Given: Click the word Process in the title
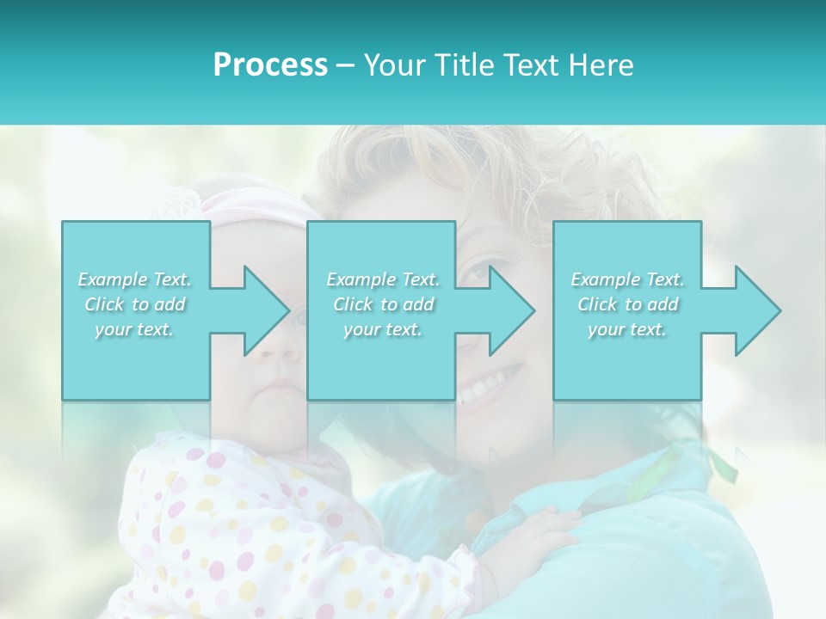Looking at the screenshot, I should pyautogui.click(x=270, y=65).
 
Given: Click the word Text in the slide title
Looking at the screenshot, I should pyautogui.click(x=529, y=65).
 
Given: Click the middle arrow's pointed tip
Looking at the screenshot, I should pyautogui.click(x=533, y=310).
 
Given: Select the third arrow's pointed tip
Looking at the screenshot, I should pyautogui.click(x=779, y=310).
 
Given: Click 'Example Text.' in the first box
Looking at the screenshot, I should pyautogui.click(x=134, y=279).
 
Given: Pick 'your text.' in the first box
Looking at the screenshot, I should pyautogui.click(x=134, y=330).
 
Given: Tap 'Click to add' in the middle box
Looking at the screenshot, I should pyautogui.click(x=383, y=304).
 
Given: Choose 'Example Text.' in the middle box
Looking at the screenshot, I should pyautogui.click(x=383, y=279).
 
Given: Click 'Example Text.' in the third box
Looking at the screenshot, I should pyautogui.click(x=627, y=279).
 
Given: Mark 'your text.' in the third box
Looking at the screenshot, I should pyautogui.click(x=627, y=330).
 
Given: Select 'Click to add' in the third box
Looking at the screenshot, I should pyautogui.click(x=627, y=304).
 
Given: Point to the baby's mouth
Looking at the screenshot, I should pyautogui.click(x=277, y=387).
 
